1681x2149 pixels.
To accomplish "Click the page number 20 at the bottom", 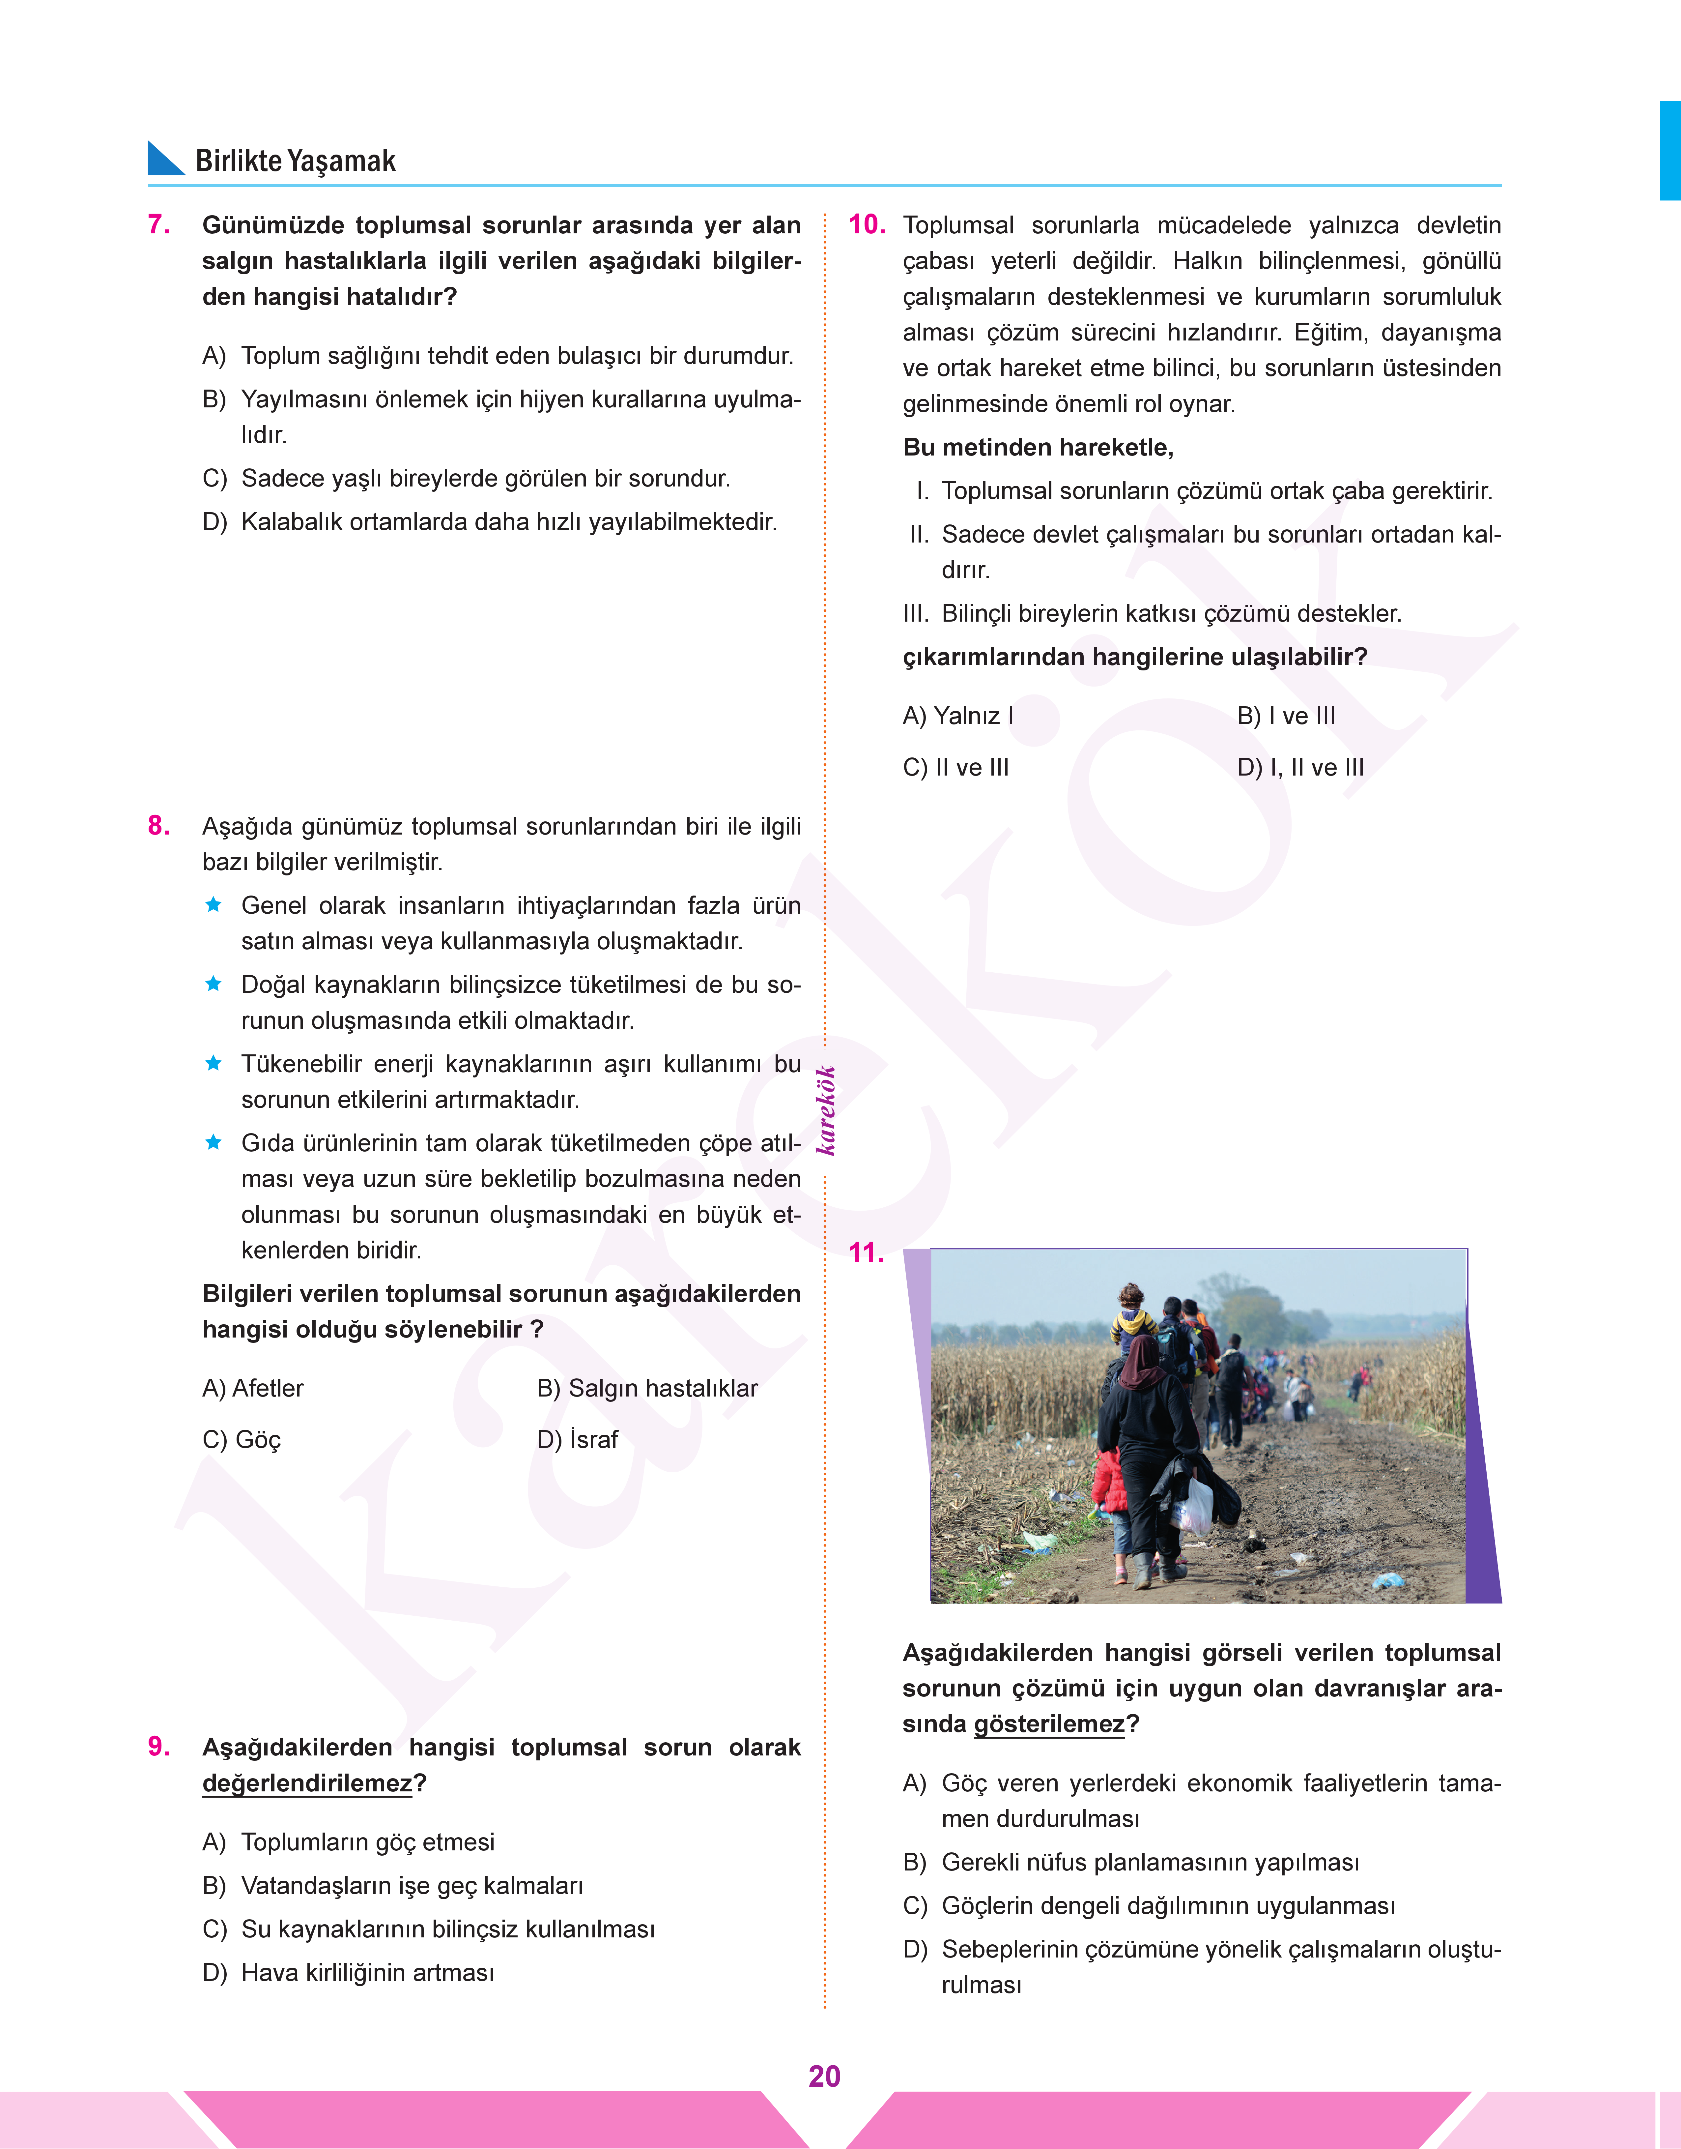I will click(x=824, y=2076).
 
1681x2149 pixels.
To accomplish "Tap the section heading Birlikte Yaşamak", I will click(x=295, y=161).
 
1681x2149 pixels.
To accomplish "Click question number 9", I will click(x=158, y=1746).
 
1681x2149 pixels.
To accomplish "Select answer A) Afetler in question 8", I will click(x=253, y=1388).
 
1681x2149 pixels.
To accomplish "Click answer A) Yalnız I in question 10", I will click(x=957, y=716).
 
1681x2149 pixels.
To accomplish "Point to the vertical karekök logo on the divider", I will click(x=826, y=1110).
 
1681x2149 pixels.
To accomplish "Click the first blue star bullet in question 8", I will click(x=213, y=905).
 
